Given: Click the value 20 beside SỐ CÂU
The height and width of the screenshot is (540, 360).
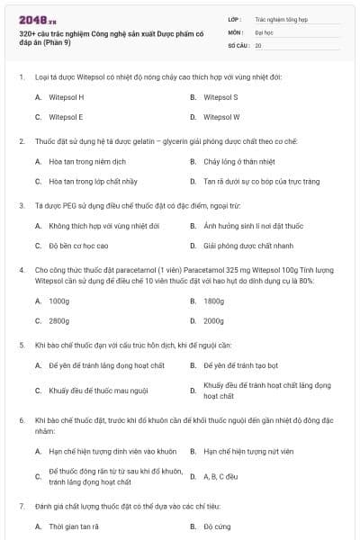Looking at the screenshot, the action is [x=258, y=44].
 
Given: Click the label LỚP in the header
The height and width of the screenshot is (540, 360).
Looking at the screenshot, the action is [x=234, y=18].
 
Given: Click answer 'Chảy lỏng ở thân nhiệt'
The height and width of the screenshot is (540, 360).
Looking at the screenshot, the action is [x=240, y=162].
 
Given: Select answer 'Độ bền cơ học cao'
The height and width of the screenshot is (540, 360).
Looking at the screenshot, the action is [x=78, y=245].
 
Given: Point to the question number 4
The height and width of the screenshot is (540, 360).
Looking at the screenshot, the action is [x=21, y=269].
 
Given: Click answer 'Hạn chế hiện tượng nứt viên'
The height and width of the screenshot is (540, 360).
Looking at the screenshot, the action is [x=248, y=451].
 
